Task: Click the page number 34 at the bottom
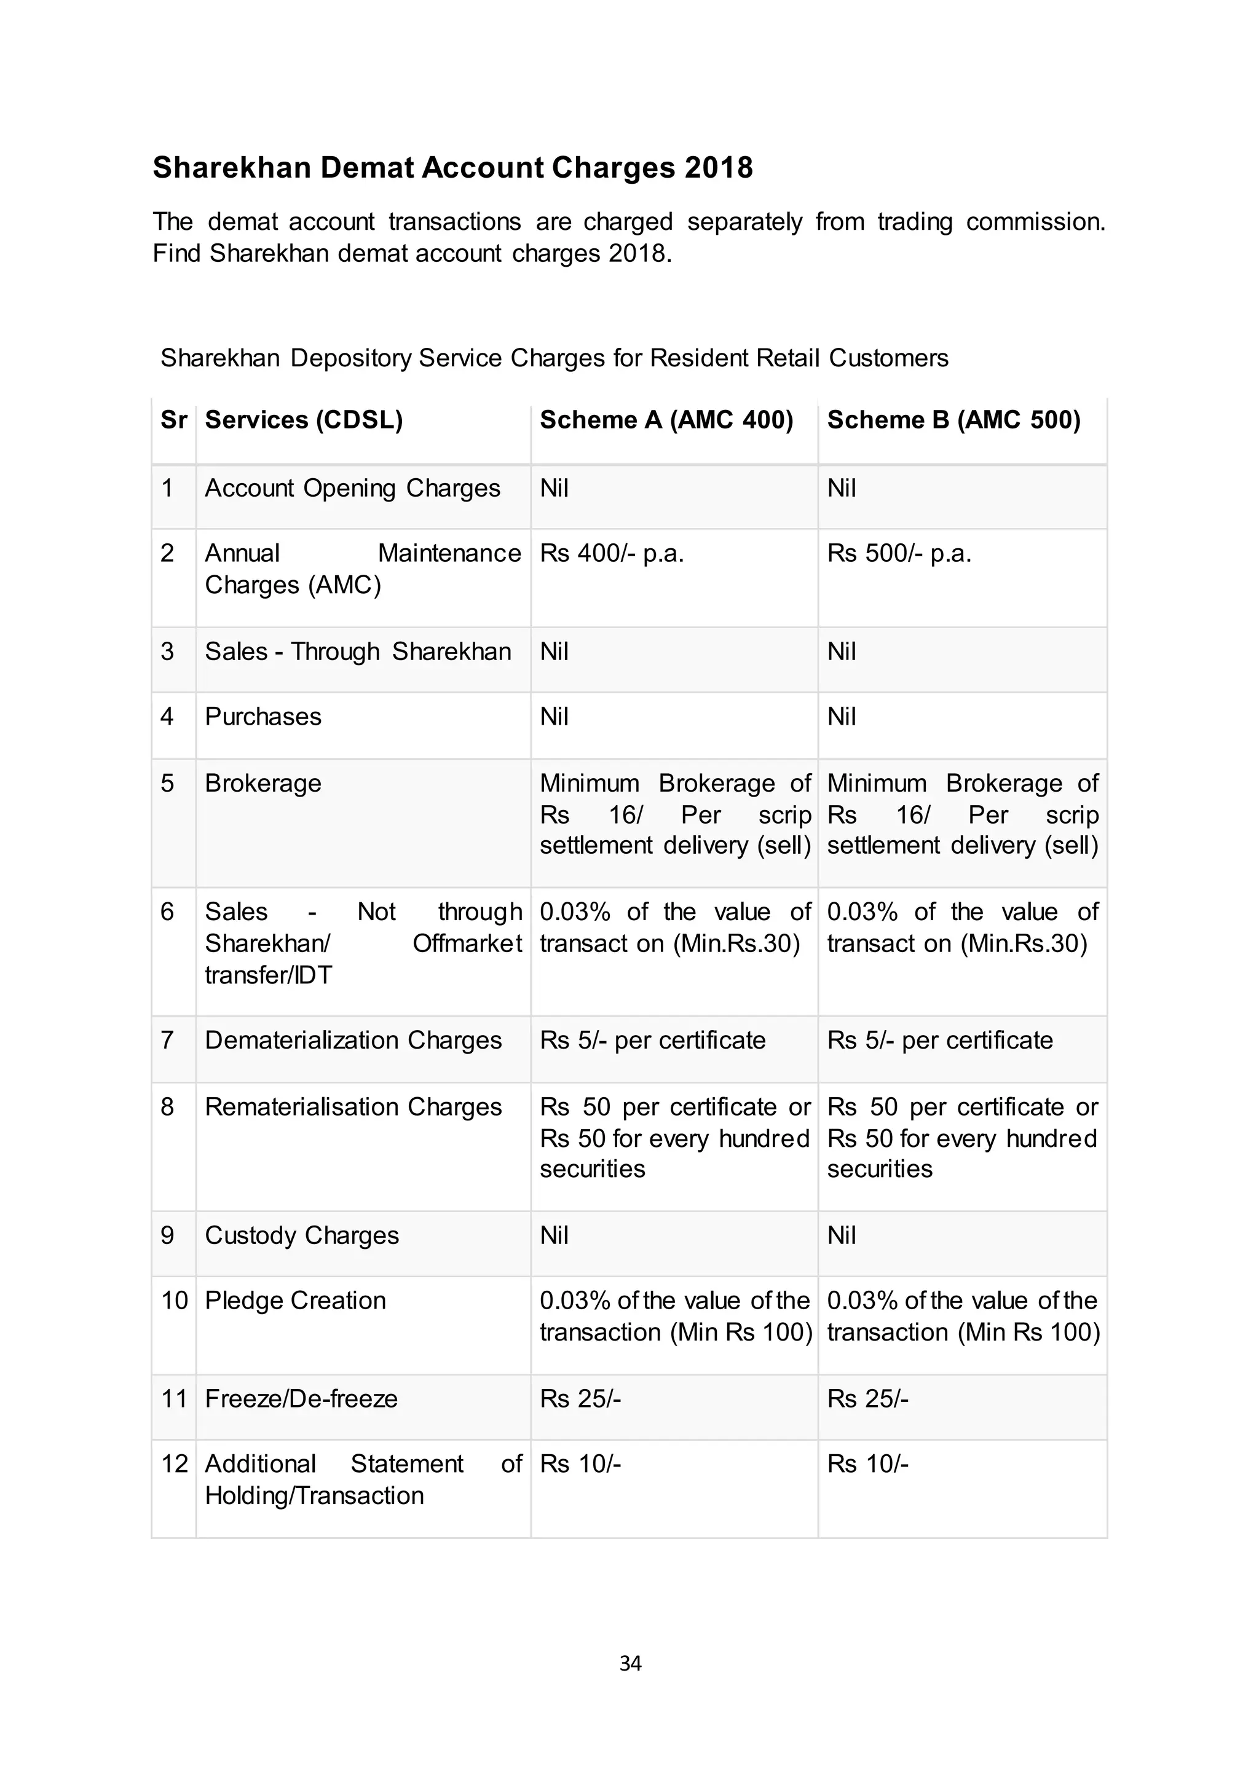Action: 629,1663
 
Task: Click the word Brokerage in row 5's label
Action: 263,783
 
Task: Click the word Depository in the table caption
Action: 351,358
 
